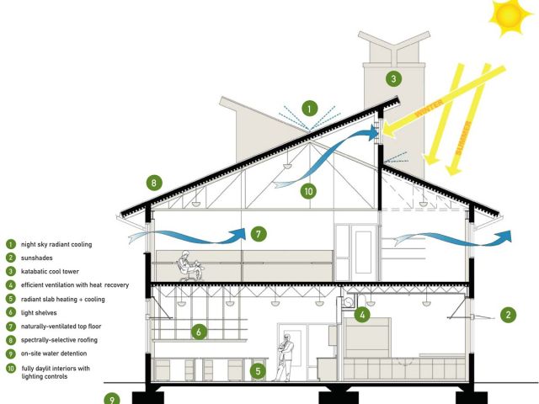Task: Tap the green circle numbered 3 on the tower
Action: click(393, 78)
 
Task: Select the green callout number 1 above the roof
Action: click(310, 109)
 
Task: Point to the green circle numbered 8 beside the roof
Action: click(153, 183)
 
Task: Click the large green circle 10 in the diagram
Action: click(308, 191)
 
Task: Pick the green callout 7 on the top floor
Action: click(259, 234)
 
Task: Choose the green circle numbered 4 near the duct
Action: click(362, 314)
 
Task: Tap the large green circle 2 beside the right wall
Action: click(508, 314)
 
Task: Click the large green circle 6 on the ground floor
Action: click(199, 332)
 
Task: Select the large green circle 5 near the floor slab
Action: click(258, 370)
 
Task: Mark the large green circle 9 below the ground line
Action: click(112, 399)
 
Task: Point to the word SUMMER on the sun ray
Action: click(464, 138)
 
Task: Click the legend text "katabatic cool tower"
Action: click(50, 271)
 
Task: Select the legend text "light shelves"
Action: click(39, 312)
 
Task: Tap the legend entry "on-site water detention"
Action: click(54, 353)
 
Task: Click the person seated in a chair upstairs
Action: click(189, 266)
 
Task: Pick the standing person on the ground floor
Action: click(284, 357)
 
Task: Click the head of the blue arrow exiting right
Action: click(504, 237)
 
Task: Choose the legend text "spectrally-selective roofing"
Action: click(59, 340)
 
